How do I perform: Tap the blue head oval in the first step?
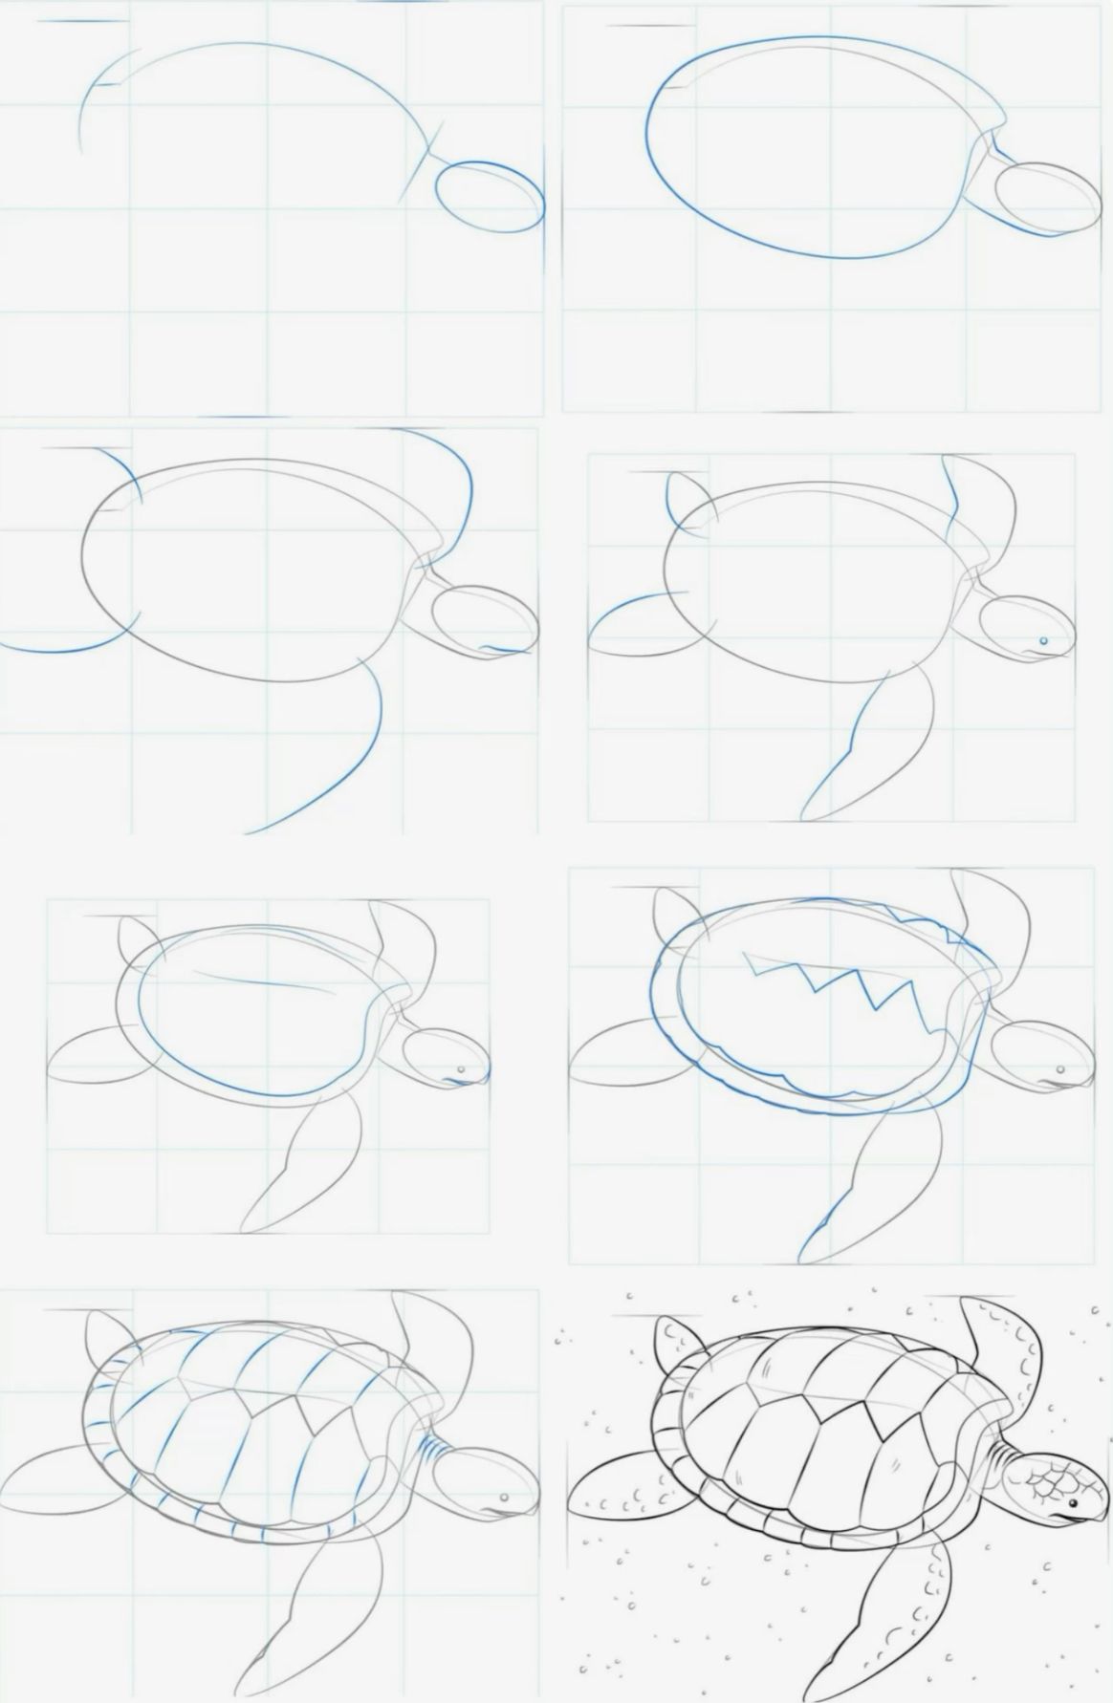[489, 196]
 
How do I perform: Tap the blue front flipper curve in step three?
[354, 765]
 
